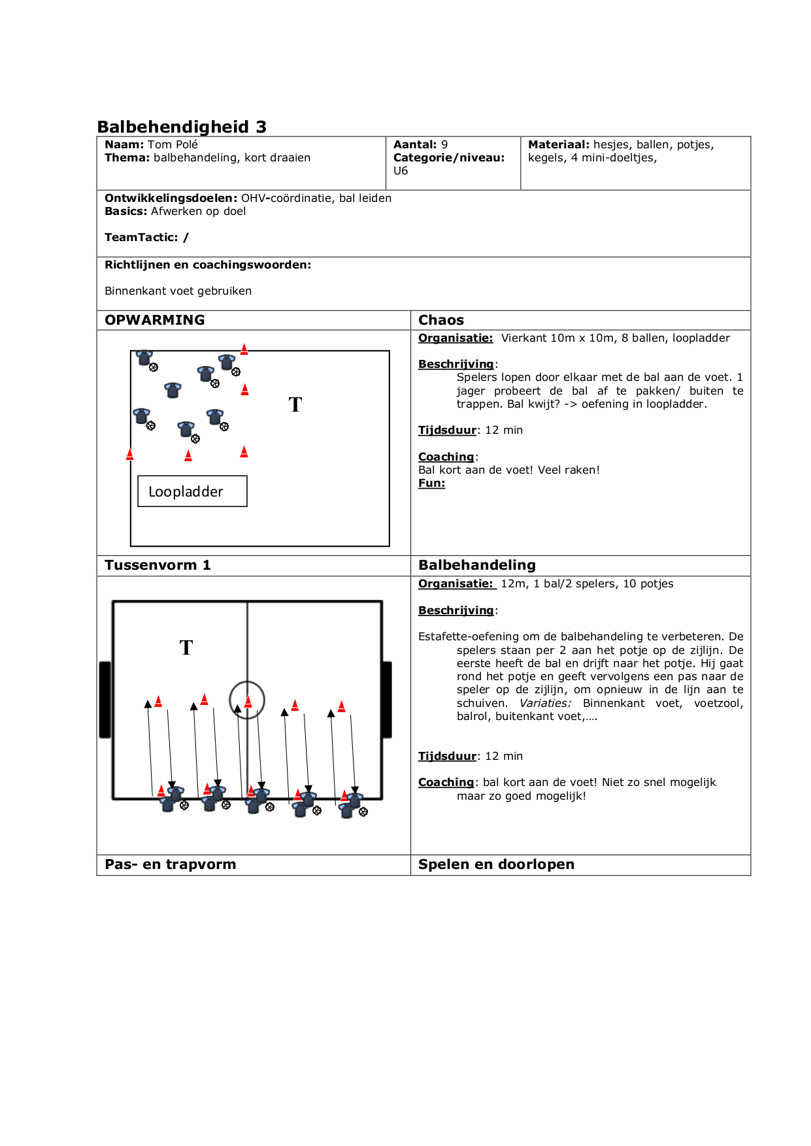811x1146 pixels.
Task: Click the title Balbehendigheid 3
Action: click(x=182, y=127)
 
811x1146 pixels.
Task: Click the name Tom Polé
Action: click(x=173, y=144)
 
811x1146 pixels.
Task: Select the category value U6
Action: click(x=401, y=171)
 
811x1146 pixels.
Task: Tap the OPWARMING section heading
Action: click(x=155, y=320)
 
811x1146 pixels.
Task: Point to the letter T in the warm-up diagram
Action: click(x=295, y=405)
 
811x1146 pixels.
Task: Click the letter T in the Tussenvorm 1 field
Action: click(x=186, y=647)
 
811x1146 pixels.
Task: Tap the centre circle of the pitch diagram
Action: click(x=247, y=700)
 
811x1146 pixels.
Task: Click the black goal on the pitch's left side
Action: click(x=105, y=700)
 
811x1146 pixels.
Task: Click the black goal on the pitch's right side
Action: click(x=387, y=700)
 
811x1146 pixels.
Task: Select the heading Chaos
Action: click(x=441, y=320)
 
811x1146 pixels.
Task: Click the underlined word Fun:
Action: click(x=431, y=483)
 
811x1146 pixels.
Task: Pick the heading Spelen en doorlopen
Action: click(x=496, y=864)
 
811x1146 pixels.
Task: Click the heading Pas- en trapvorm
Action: click(x=171, y=864)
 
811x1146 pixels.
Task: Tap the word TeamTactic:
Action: click(x=141, y=237)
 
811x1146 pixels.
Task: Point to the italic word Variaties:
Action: click(x=545, y=703)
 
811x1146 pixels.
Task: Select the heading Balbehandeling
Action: click(x=477, y=565)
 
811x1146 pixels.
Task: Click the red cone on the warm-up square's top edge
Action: click(x=244, y=350)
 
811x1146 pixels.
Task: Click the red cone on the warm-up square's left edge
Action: click(x=129, y=454)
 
